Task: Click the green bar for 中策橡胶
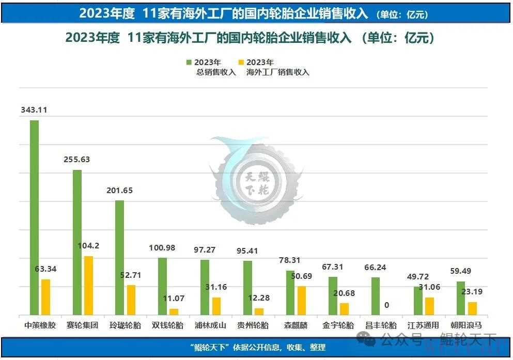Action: point(34,217)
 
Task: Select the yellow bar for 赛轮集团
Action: point(88,285)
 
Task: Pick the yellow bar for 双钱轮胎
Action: point(174,311)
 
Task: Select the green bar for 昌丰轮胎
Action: point(376,295)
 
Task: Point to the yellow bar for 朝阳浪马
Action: point(472,308)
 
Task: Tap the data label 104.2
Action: point(88,245)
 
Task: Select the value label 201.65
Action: point(119,190)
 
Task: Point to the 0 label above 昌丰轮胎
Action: point(387,305)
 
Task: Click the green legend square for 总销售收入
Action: point(189,62)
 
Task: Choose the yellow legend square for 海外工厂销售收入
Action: point(240,62)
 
